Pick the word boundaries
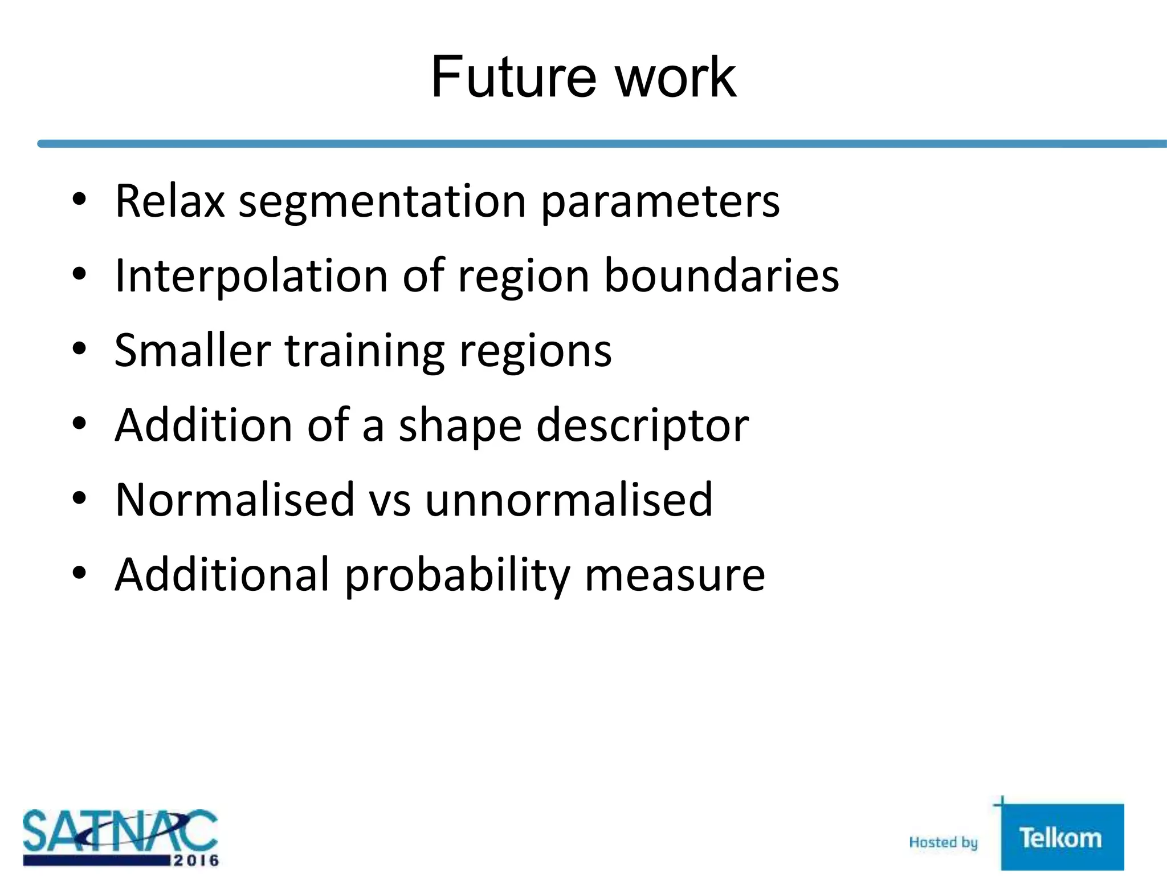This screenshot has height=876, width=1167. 721,275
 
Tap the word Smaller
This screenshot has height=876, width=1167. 192,350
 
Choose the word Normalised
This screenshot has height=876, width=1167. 234,500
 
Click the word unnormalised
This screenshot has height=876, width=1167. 568,500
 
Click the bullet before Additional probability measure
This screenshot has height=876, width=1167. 79,572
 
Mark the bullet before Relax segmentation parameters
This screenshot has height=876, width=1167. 79,199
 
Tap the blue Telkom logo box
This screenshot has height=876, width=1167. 1062,837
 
